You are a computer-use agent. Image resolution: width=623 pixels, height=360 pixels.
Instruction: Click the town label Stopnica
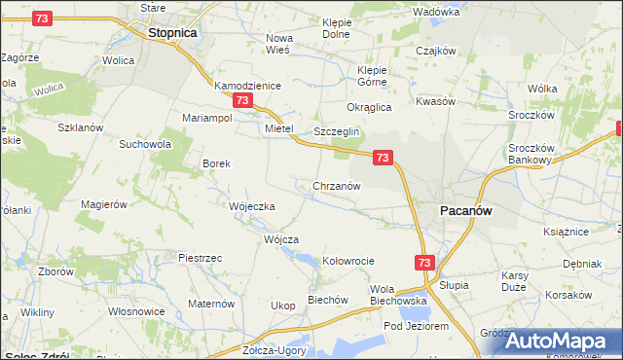pos(172,32)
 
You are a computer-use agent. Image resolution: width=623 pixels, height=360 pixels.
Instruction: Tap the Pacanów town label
pos(470,210)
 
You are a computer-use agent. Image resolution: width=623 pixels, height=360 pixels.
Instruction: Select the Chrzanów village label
pos(337,186)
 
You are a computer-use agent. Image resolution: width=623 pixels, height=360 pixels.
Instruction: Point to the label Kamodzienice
pos(247,86)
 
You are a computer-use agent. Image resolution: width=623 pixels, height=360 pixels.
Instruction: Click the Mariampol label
pos(206,118)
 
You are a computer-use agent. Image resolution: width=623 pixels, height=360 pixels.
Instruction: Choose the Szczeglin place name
pos(337,131)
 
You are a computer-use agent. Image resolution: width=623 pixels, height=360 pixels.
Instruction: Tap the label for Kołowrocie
pos(348,261)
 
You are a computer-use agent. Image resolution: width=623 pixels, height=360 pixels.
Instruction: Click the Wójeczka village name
pos(252,206)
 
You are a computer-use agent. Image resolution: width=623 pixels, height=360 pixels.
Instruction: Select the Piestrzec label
pos(201,257)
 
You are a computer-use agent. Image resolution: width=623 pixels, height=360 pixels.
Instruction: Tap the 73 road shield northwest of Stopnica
pos(42,18)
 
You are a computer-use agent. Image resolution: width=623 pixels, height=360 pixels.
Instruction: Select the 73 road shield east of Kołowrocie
pos(423,263)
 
